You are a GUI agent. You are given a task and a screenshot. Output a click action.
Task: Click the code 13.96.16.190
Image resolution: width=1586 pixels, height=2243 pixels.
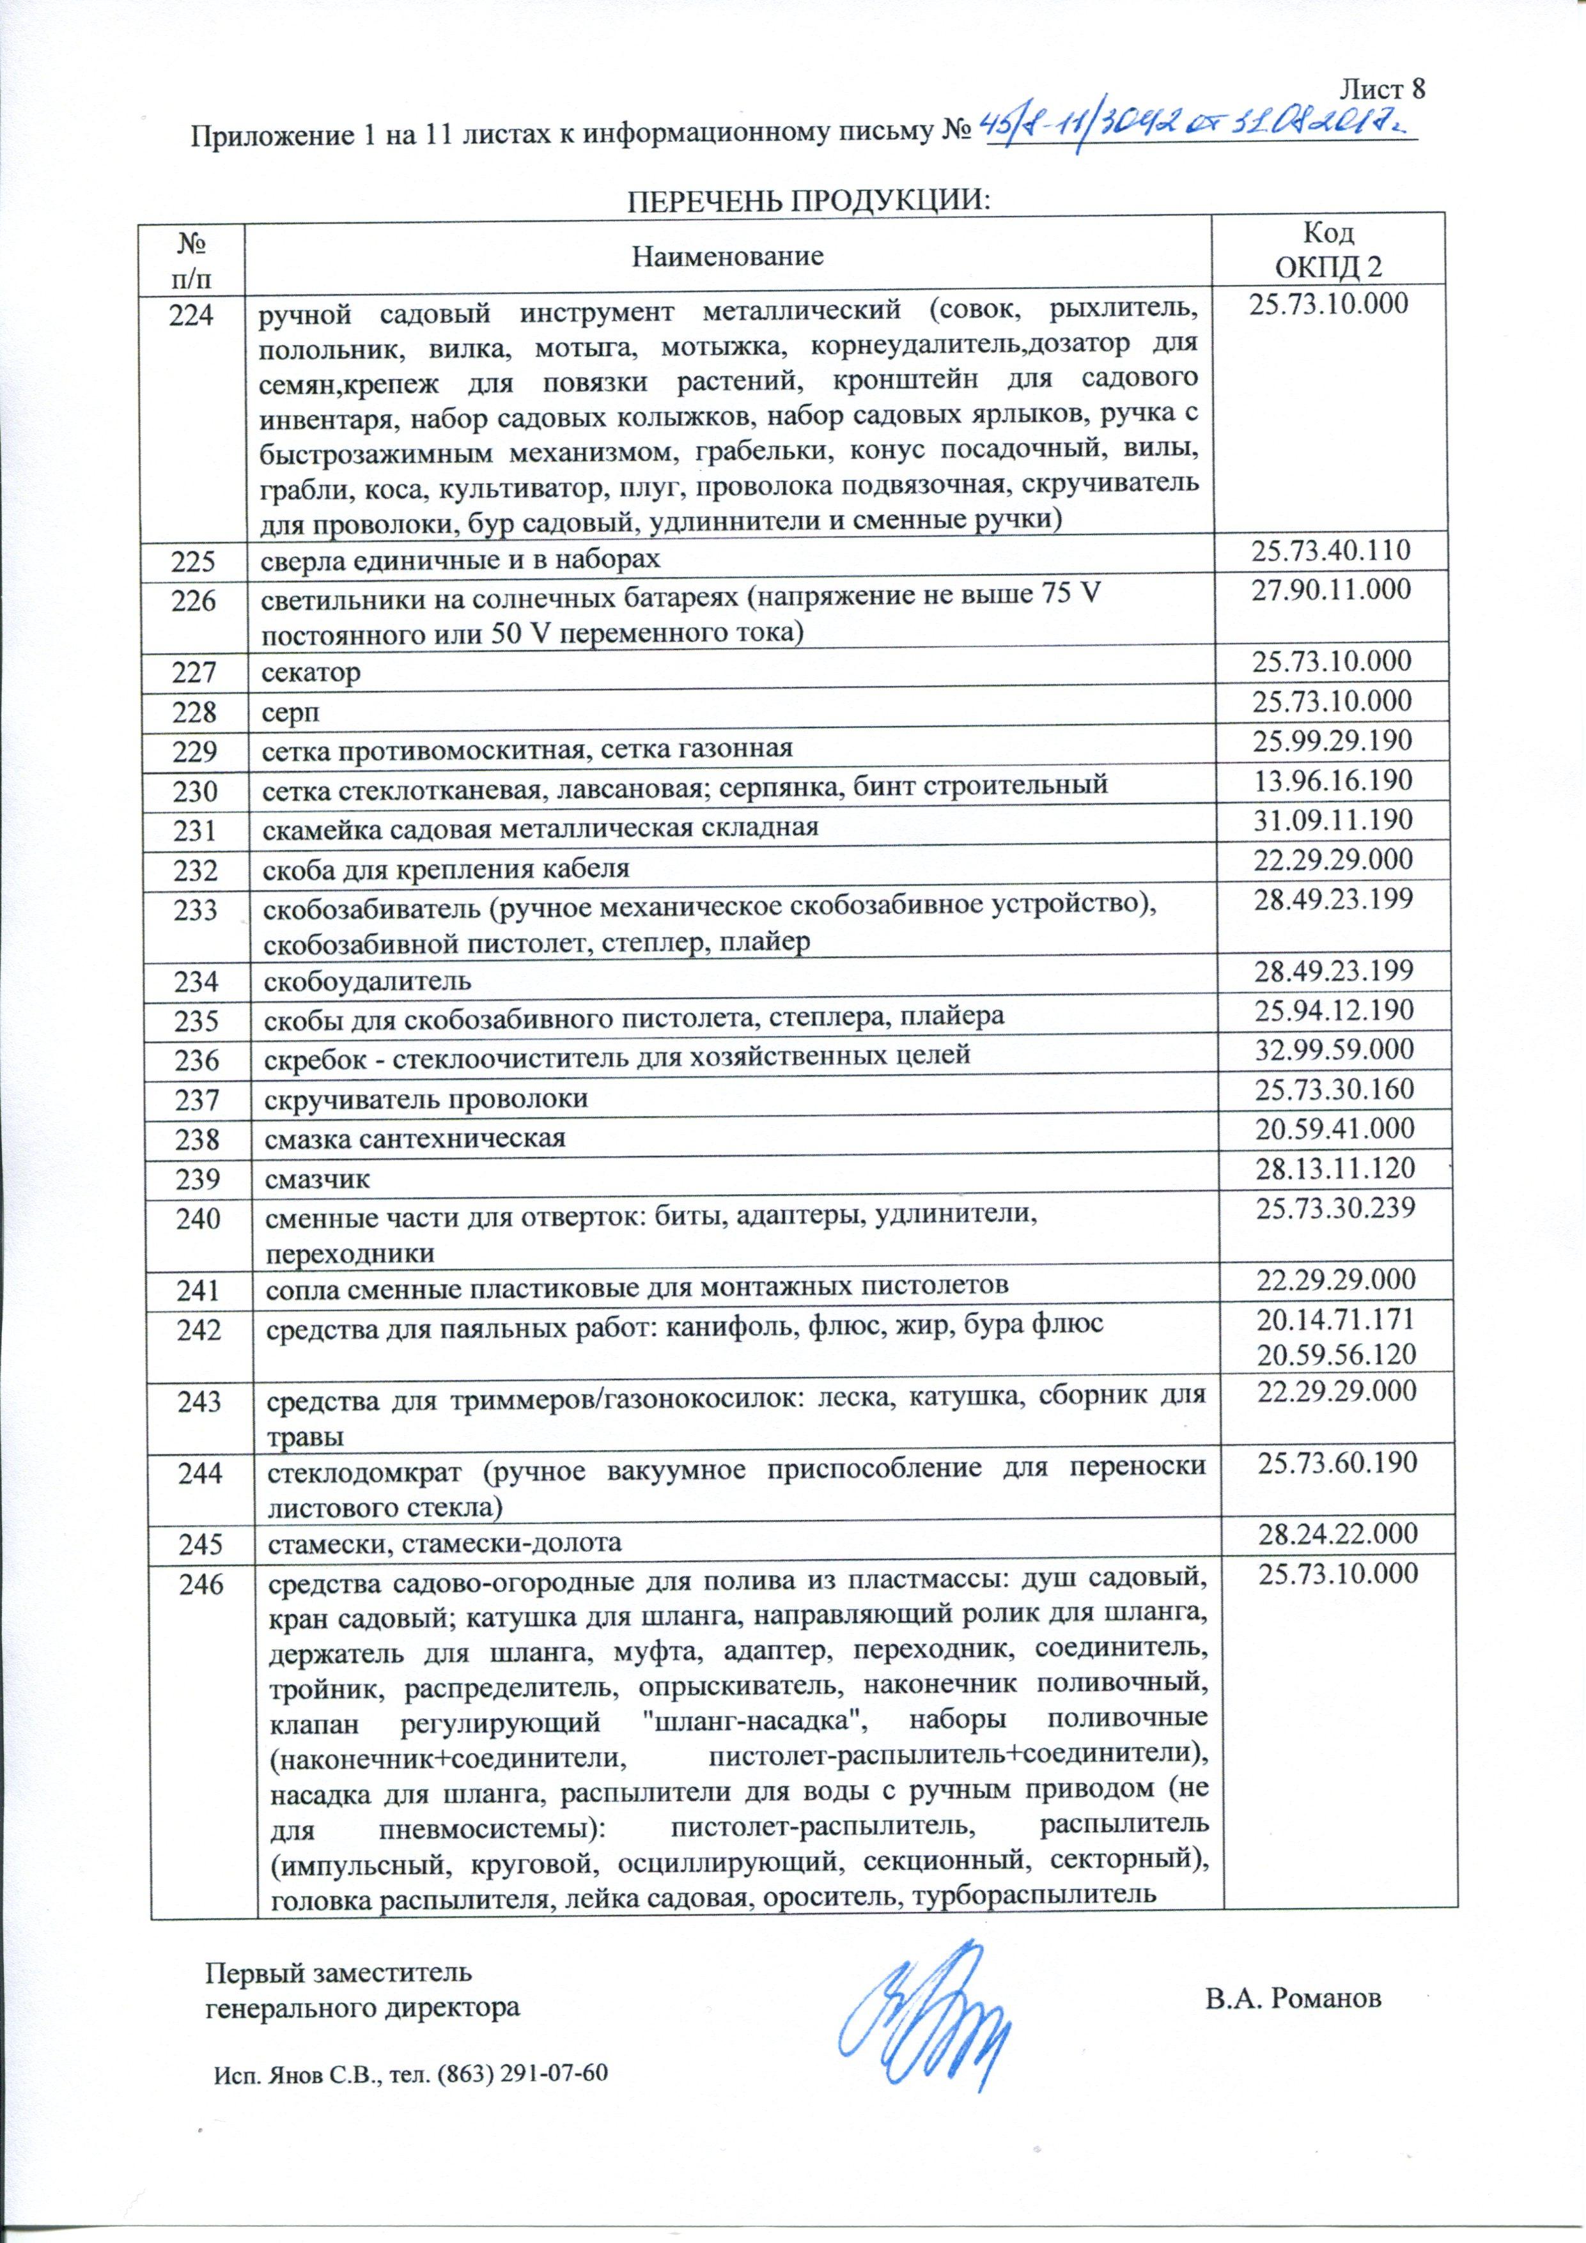1335,782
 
